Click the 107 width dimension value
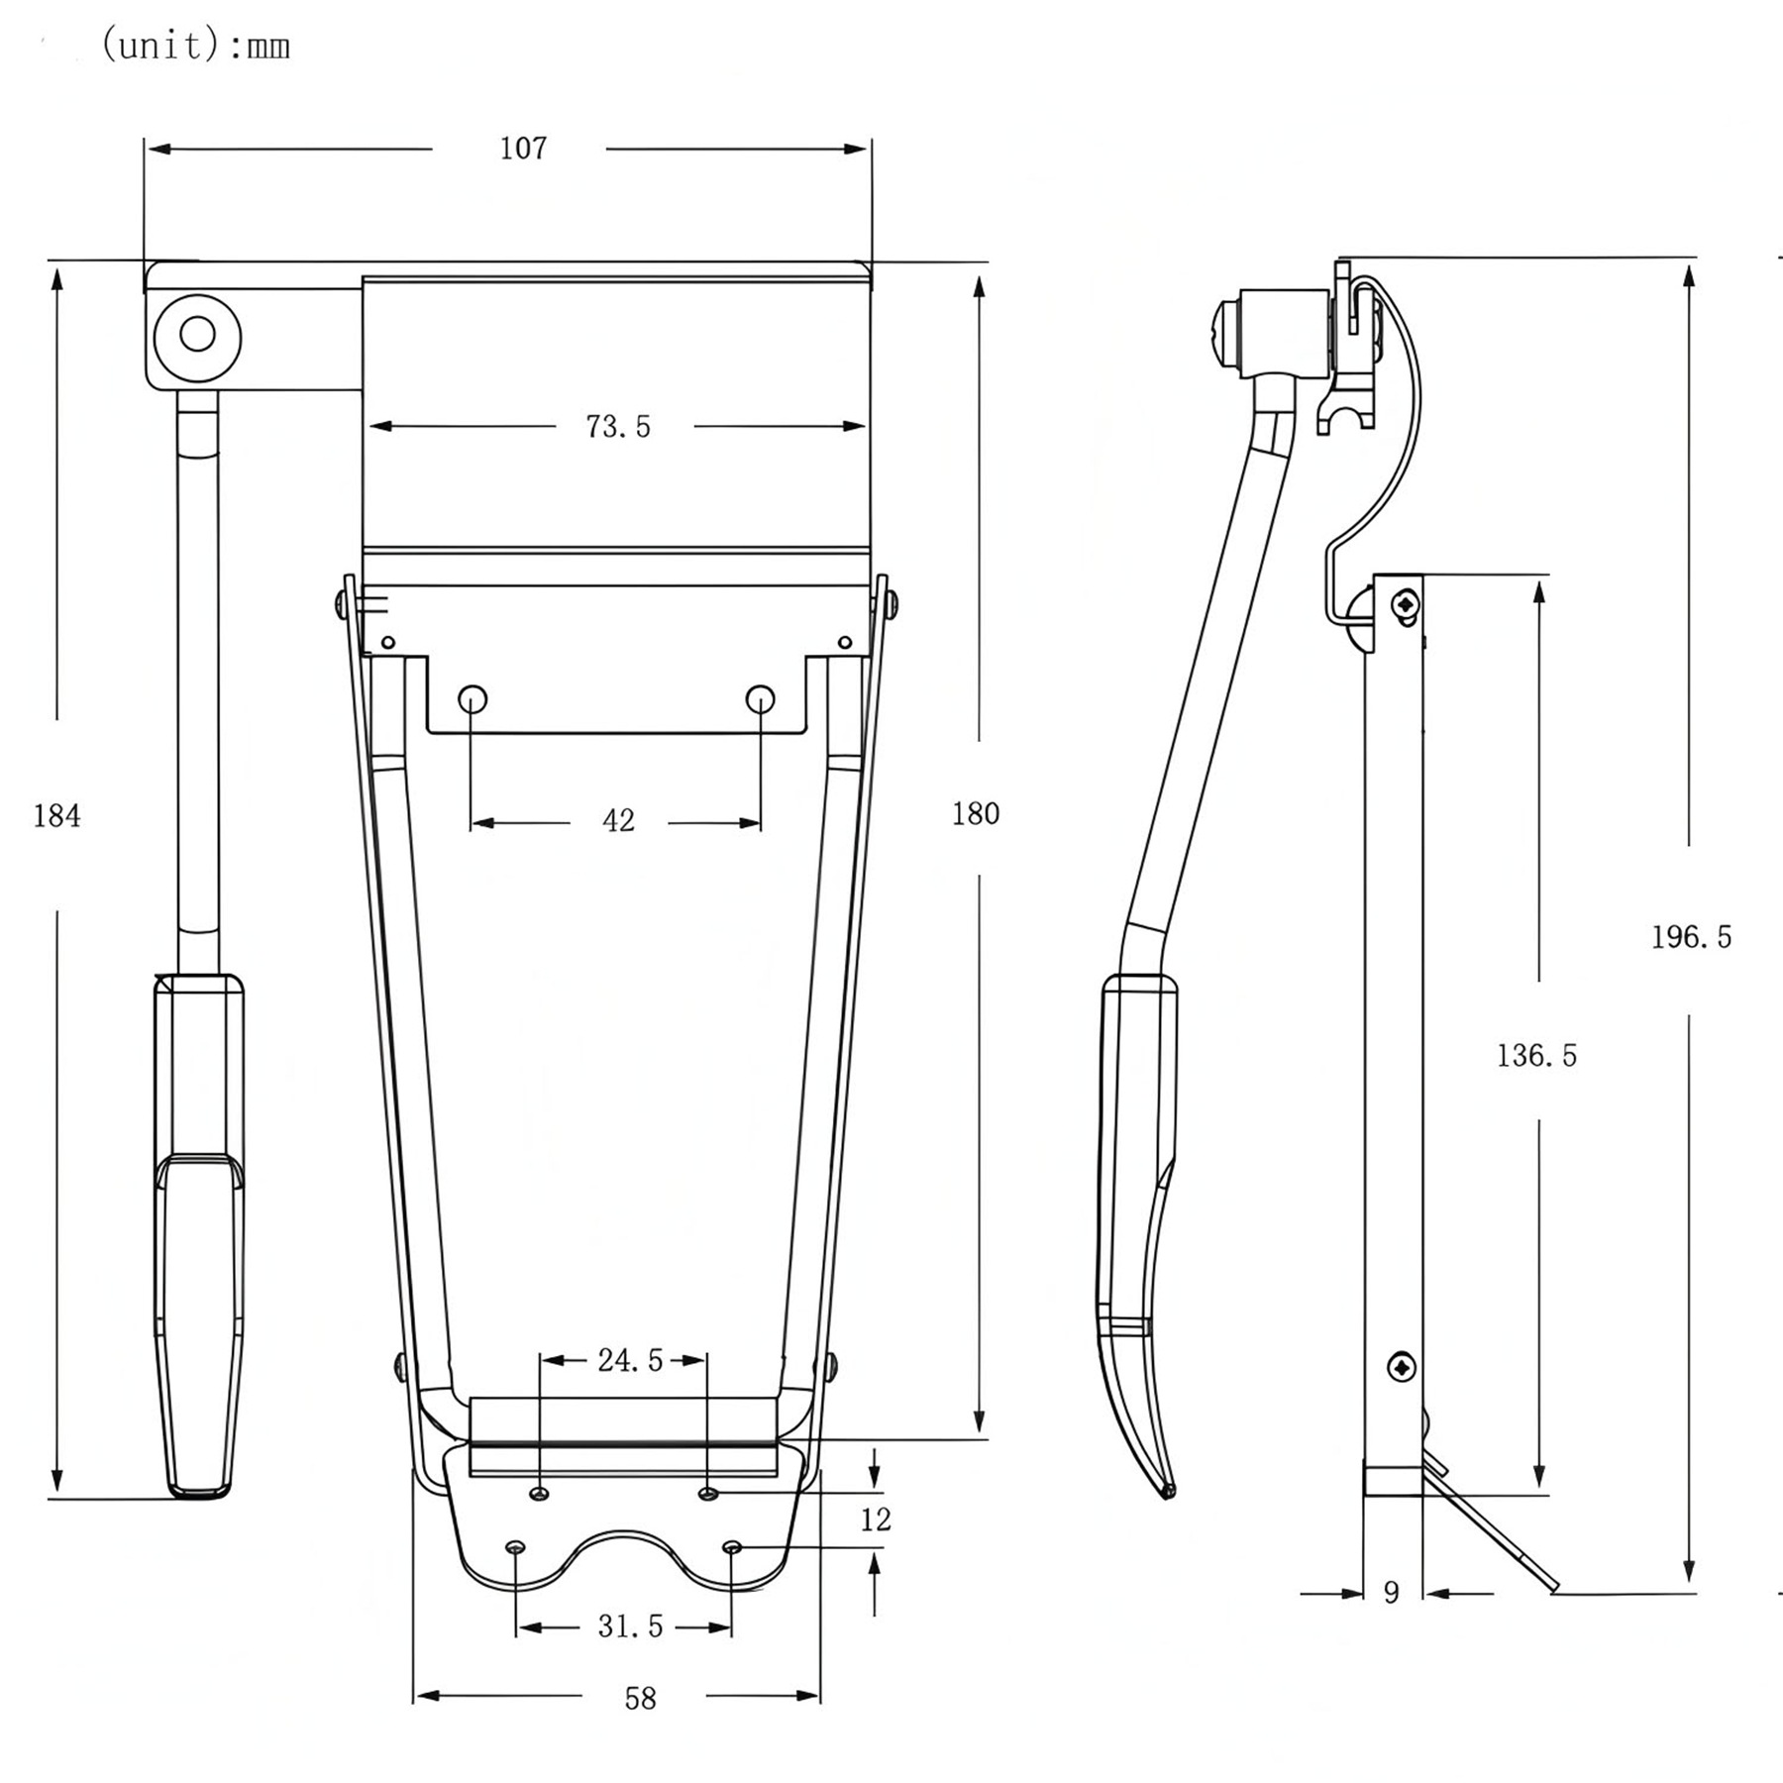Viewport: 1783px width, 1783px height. coord(523,149)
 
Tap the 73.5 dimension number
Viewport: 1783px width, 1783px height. coord(618,427)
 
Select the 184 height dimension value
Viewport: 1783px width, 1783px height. coord(57,816)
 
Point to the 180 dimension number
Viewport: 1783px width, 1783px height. coord(976,814)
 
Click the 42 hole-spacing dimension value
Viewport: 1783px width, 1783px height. coord(618,821)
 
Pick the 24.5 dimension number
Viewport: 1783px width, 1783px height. coord(630,1360)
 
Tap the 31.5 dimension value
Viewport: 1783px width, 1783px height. coord(630,1626)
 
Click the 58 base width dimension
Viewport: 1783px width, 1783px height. coord(640,1699)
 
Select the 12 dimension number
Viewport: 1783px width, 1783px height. coord(876,1520)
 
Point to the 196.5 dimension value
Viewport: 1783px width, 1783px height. coord(1691,937)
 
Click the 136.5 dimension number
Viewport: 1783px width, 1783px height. coord(1536,1056)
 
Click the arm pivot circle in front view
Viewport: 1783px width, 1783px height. coord(197,335)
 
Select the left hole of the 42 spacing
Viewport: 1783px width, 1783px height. coord(472,698)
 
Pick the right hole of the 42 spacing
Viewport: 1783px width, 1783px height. coord(760,698)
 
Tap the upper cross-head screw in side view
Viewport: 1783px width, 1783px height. coord(1404,602)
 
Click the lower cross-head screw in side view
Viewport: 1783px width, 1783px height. coord(1403,1368)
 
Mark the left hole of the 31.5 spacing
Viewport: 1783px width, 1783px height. coord(515,1548)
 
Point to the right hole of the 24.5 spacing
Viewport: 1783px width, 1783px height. coord(707,1494)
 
